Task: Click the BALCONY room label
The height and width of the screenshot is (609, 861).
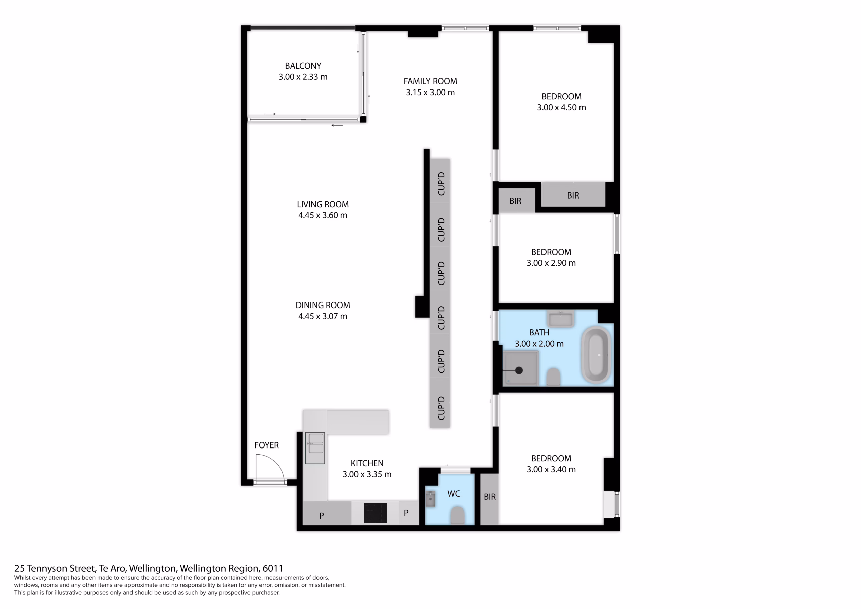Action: click(303, 66)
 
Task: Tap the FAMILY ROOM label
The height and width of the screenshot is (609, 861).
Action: click(430, 81)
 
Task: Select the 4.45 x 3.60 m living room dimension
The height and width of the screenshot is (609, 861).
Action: click(323, 215)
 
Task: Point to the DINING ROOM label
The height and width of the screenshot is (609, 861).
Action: click(323, 305)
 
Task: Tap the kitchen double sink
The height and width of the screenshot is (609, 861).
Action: click(315, 448)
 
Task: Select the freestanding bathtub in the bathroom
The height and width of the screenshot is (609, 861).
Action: click(596, 355)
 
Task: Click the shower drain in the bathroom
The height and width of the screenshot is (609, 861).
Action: click(519, 370)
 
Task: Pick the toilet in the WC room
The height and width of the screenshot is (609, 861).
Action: click(457, 515)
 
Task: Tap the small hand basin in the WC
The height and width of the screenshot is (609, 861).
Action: click(430, 499)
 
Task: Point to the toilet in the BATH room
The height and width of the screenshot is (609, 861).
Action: click(553, 377)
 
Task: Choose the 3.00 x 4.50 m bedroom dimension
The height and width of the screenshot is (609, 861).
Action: click(561, 107)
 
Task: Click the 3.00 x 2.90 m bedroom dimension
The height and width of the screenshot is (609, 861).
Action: click(551, 263)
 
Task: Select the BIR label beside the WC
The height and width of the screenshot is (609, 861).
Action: click(490, 497)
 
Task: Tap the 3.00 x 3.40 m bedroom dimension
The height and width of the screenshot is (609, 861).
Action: click(551, 469)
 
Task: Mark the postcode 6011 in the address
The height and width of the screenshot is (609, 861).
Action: click(273, 569)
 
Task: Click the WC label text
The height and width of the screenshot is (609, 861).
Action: click(454, 494)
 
